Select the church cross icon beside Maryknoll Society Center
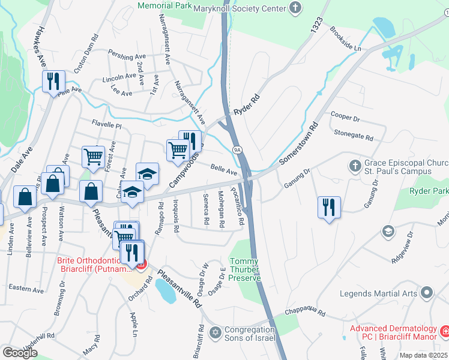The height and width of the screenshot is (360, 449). click(x=294, y=8)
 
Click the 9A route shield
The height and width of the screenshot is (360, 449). click(x=237, y=149)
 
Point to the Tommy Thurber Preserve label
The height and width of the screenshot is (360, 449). click(x=246, y=269)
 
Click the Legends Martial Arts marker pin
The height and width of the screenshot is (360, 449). click(x=427, y=293)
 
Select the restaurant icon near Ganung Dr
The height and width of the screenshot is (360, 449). click(x=329, y=207)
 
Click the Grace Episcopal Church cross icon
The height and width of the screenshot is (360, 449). click(x=355, y=164)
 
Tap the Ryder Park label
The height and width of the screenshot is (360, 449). click(x=429, y=191)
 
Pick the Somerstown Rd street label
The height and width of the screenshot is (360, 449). click(x=298, y=145)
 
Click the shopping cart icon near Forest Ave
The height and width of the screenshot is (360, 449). click(x=93, y=157)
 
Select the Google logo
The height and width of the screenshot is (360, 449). click(x=20, y=353)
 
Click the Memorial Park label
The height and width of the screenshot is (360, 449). click(x=164, y=5)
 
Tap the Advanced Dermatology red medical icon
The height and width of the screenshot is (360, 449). click(x=445, y=331)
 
